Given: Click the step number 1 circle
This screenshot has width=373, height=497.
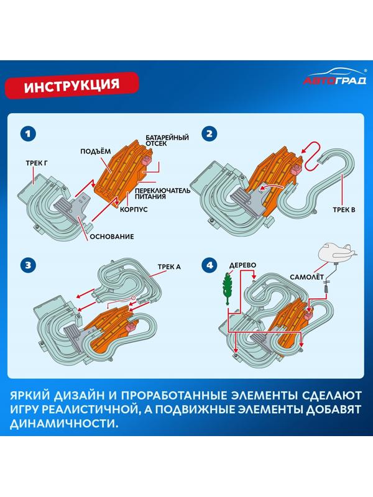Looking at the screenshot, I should coord(27,134).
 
